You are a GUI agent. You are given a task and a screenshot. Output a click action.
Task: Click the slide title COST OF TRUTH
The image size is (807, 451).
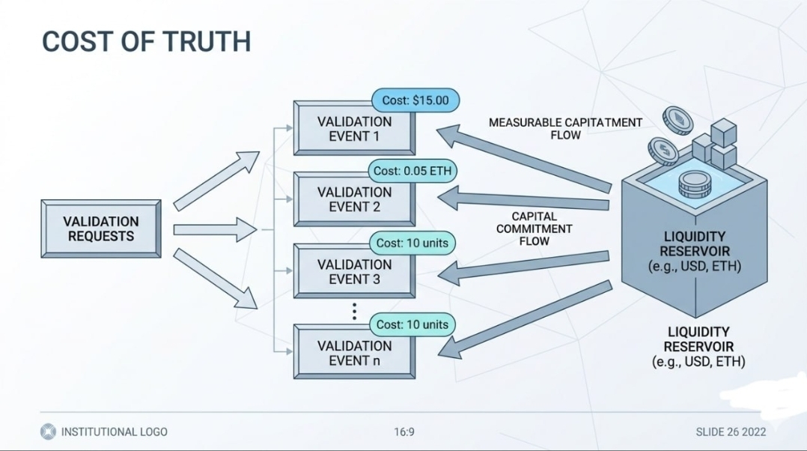click(x=146, y=41)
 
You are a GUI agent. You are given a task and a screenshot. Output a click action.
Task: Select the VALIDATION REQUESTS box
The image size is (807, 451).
click(x=100, y=228)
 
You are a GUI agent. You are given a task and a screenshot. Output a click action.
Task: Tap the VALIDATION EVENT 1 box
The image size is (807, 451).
click(x=353, y=129)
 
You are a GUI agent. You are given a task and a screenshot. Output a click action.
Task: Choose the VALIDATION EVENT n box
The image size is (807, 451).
click(x=353, y=353)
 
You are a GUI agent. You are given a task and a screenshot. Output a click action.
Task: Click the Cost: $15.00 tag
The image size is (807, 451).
click(x=415, y=100)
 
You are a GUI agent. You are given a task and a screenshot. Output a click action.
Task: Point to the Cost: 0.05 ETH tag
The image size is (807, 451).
click(x=413, y=171)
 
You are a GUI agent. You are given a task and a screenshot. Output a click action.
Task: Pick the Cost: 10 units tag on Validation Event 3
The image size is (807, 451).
click(x=412, y=243)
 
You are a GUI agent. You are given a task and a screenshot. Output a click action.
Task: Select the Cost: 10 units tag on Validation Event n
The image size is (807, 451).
click(x=412, y=324)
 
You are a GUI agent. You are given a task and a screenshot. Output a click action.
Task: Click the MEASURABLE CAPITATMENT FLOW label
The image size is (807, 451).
click(x=565, y=128)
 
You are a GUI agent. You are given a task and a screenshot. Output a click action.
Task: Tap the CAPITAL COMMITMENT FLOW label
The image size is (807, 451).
click(x=534, y=228)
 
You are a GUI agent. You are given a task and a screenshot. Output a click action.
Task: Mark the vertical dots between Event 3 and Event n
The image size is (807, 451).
click(x=354, y=311)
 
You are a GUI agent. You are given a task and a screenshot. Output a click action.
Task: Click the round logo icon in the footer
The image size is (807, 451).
click(x=48, y=432)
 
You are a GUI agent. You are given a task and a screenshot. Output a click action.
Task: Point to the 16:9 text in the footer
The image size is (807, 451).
click(x=404, y=432)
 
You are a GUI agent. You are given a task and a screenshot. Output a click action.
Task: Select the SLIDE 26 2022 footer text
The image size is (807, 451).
click(x=731, y=432)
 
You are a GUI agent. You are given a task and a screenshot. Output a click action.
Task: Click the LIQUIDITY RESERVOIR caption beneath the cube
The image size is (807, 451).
click(x=698, y=347)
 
